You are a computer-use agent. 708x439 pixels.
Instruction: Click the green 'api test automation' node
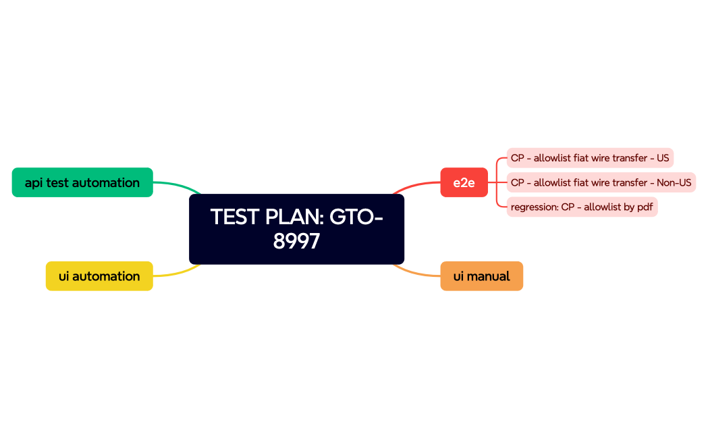click(82, 182)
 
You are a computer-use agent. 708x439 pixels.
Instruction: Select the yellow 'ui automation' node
click(99, 276)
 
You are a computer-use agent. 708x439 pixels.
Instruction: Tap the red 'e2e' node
click(464, 182)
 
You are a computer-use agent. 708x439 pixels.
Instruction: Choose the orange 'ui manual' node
click(481, 276)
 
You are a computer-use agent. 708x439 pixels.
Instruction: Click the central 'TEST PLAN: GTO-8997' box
click(296, 229)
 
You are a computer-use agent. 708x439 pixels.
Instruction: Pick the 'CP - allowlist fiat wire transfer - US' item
click(590, 158)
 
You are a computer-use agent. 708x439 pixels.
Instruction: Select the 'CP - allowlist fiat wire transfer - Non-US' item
click(601, 182)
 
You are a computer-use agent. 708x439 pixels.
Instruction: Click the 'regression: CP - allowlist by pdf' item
click(582, 207)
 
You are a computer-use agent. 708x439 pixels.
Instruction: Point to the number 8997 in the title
click(296, 241)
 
